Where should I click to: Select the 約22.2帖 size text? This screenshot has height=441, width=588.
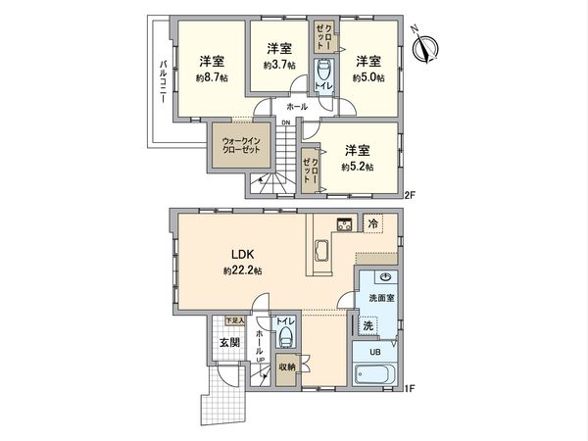coord(243,270)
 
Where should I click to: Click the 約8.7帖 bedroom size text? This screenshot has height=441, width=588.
coord(212,76)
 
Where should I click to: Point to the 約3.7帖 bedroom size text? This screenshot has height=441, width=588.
coord(278,65)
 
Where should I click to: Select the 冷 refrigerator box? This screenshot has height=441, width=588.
coord(372,223)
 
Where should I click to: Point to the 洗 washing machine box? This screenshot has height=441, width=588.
coord(367,324)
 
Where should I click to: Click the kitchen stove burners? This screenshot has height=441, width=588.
coord(344,224)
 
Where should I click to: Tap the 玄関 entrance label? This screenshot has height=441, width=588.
coord(228,343)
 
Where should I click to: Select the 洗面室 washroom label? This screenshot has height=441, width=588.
coord(381,296)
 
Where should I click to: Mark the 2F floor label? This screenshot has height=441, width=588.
coord(412,194)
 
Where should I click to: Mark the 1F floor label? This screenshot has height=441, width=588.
coord(412,390)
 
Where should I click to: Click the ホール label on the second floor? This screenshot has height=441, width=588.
coord(297,106)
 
